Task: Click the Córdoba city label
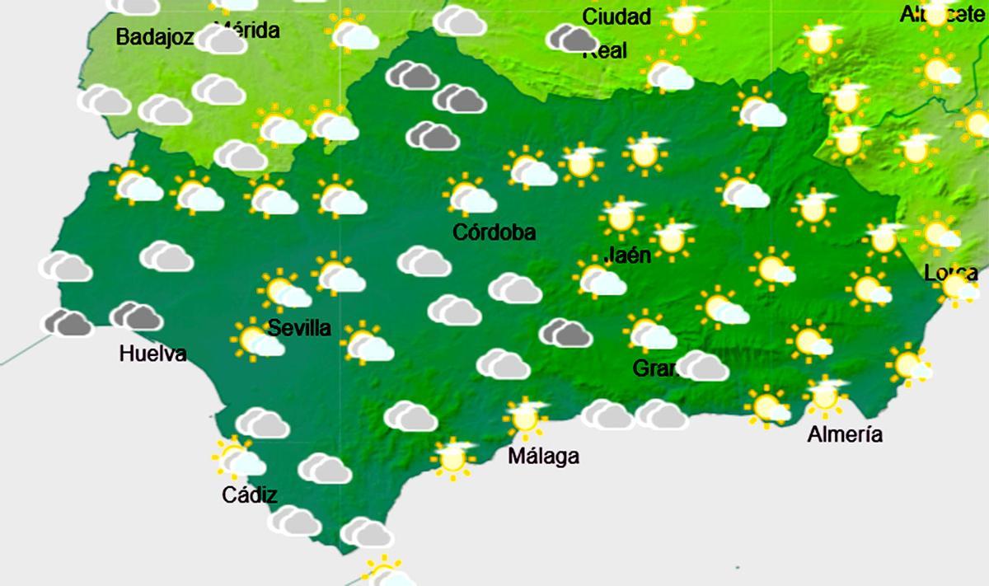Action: (x=494, y=232)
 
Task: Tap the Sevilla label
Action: (x=300, y=328)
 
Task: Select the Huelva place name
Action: (x=152, y=354)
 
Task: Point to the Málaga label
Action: (x=543, y=456)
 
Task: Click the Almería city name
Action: (x=845, y=434)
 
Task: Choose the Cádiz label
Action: (x=250, y=495)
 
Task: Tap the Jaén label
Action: (x=627, y=255)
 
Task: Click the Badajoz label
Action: (x=155, y=37)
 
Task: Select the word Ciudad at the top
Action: (x=616, y=16)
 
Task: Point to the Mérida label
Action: (x=247, y=31)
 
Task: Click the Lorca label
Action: (x=950, y=273)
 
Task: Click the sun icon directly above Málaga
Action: (x=526, y=416)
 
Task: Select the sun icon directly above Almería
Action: (x=824, y=396)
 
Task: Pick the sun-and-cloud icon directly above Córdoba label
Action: (x=469, y=196)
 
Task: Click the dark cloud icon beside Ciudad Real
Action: (x=573, y=37)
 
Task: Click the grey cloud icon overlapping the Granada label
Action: (x=702, y=365)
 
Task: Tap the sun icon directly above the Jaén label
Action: (x=621, y=217)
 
